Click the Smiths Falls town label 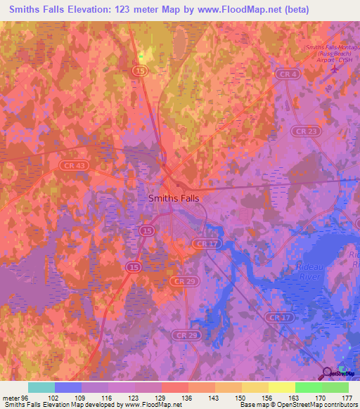(x=174, y=198)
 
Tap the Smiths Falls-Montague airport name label (x=328, y=53)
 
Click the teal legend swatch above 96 (x=41, y=387)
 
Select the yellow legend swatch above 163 (x=282, y=387)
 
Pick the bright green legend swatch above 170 (x=309, y=387)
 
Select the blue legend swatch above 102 (x=68, y=387)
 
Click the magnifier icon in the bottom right (x=328, y=374)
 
